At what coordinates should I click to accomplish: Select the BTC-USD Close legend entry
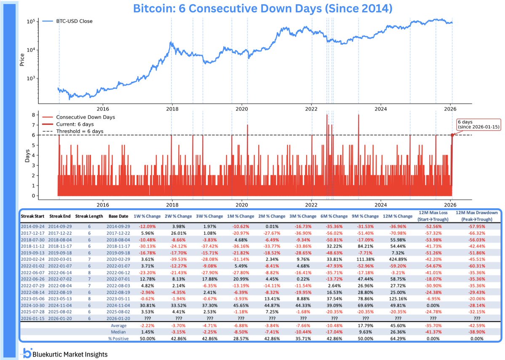(69, 21)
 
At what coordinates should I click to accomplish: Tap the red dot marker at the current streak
(452, 135)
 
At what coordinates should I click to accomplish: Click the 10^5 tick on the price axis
(30, 21)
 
